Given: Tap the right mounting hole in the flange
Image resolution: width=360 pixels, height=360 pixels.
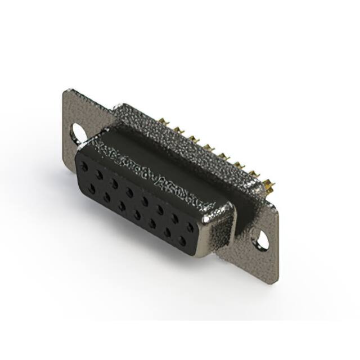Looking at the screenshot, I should pos(262,241).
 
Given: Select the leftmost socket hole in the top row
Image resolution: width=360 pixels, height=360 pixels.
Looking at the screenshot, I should pos(84,167).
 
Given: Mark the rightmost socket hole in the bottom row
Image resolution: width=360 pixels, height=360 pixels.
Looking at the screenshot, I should pos(182,241).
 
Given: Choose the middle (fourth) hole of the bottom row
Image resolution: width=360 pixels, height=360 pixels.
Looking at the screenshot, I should pos(137,215).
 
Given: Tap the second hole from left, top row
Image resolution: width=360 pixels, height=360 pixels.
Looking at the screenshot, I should pos(99,175).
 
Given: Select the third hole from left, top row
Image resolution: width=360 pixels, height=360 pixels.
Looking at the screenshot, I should pos(114,184).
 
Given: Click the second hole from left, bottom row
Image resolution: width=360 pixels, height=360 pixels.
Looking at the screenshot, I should pos(107,197).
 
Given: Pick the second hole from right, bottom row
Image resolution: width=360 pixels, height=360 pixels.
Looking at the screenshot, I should pos(167,232).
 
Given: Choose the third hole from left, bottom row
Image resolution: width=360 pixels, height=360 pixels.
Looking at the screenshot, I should pos(121,206).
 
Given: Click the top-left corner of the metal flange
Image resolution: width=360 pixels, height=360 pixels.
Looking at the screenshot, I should pos(66,90).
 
